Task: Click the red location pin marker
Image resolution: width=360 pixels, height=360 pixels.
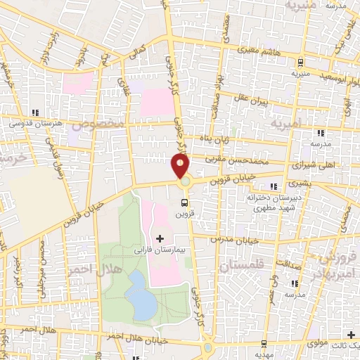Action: pyautogui.click(x=181, y=167)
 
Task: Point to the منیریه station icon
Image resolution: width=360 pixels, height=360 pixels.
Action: pyautogui.click(x=300, y=62)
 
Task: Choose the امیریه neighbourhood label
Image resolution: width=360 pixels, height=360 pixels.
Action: pyautogui.click(x=288, y=122)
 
